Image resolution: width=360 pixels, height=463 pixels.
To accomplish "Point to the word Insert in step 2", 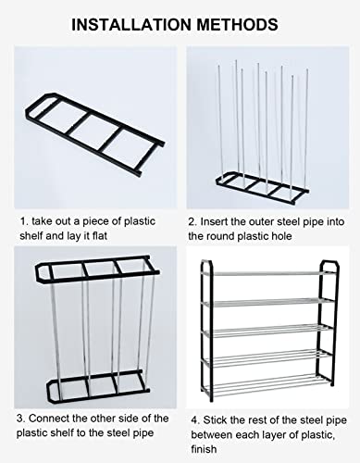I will click(x=218, y=221).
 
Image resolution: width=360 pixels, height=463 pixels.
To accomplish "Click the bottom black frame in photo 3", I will click(x=93, y=382).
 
